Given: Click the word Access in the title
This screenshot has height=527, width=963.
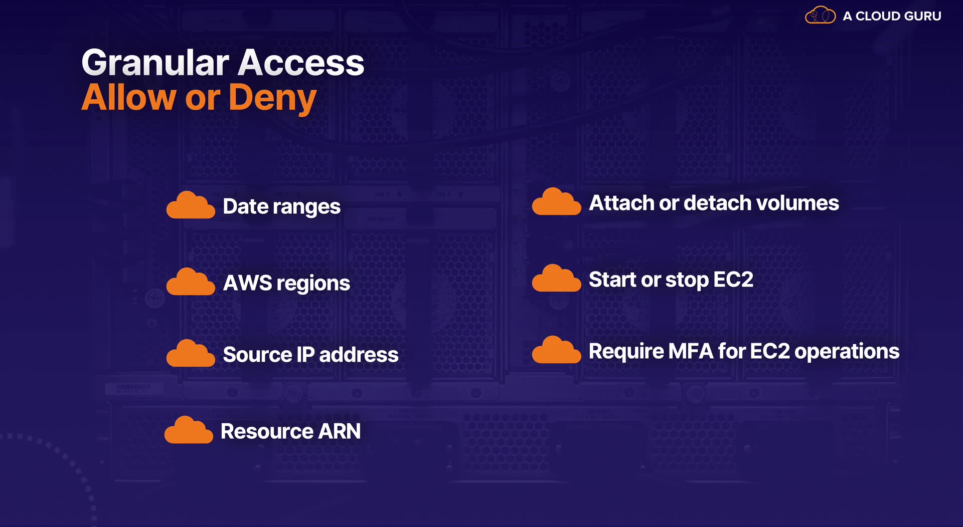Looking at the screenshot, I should [301, 63].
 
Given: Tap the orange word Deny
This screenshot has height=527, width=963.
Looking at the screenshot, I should [272, 98].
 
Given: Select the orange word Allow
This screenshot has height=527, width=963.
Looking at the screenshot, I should [128, 97].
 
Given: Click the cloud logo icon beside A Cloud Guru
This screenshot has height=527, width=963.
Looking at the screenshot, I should [820, 16].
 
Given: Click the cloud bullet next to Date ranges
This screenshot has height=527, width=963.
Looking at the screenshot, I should [191, 205].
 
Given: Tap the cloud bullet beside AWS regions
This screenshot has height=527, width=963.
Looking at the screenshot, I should [191, 282].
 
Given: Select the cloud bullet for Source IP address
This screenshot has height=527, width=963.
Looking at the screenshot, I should [191, 354].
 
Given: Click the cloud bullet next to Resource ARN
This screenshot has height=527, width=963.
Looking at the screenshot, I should [189, 430].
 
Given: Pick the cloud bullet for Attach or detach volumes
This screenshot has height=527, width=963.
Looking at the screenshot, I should [556, 202].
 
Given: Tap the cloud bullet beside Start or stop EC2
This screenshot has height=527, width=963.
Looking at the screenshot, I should [556, 279].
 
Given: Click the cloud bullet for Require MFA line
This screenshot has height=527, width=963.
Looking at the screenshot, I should [556, 350].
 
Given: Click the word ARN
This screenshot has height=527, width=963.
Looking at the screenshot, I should [340, 431].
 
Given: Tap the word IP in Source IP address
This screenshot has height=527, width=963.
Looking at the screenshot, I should [305, 355].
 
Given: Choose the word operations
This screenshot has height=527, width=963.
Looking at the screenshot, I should [847, 352].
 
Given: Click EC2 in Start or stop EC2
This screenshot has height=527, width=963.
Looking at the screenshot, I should [733, 280].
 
